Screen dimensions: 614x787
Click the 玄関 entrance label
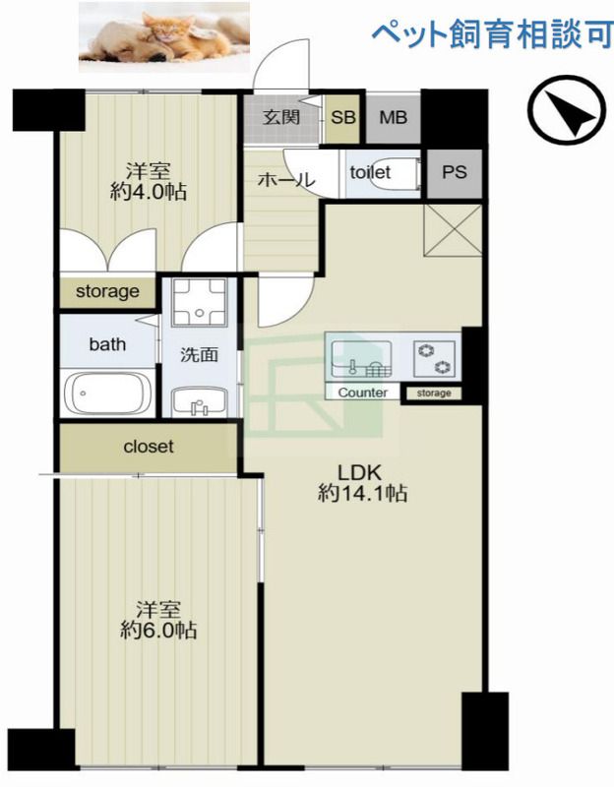[281, 117]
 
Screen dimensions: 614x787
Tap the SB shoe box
[342, 118]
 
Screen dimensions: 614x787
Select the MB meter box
[394, 118]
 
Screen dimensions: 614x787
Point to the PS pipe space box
[455, 173]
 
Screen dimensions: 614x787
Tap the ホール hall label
[286, 179]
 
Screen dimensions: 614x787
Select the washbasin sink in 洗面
[200, 402]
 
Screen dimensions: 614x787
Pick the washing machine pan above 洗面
[200, 303]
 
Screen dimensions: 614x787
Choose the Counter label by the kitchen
[362, 393]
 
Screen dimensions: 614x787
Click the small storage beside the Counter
[434, 393]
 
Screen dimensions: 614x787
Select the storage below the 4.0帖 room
[107, 291]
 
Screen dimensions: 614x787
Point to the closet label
[149, 447]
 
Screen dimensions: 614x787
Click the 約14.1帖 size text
[362, 494]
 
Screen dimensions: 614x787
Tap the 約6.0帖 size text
[158, 630]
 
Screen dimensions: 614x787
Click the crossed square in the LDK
[453, 230]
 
